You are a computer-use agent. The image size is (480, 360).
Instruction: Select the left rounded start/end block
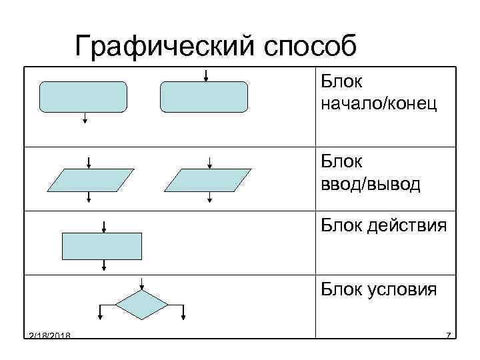point(83,97)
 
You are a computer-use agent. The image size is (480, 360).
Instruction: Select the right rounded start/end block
point(204,97)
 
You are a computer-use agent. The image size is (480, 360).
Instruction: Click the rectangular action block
point(102,245)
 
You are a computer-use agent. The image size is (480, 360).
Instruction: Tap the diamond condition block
point(141,305)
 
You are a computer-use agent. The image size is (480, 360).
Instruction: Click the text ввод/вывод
point(371,184)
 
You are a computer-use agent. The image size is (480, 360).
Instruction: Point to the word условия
point(403,289)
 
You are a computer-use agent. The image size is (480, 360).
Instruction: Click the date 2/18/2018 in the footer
point(51,335)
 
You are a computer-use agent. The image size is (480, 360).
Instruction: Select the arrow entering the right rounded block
point(207,74)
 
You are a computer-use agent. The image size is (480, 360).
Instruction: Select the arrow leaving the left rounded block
point(85,117)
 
